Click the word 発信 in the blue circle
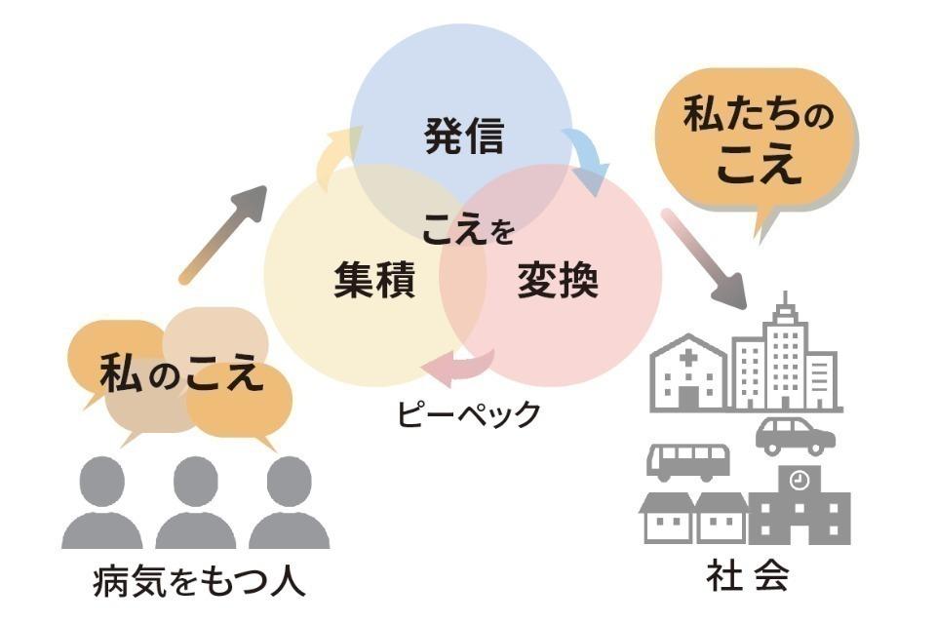(464, 136)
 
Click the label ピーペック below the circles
(468, 413)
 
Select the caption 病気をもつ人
(199, 582)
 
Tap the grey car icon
(796, 436)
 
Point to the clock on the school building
(799, 479)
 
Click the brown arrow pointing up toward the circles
(223, 233)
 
